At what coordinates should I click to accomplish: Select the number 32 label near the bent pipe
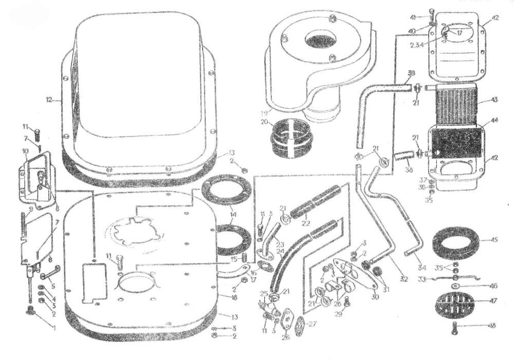[x=403, y=279]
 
